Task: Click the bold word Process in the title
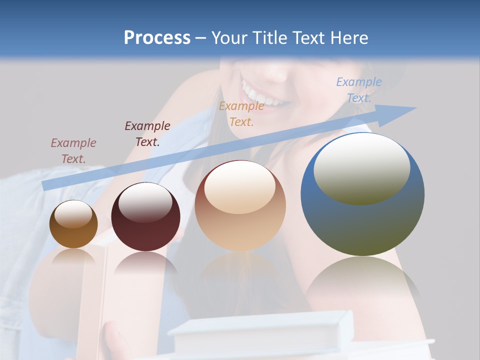(157, 38)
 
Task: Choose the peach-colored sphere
(240, 206)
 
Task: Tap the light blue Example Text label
(359, 90)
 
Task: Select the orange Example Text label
(241, 114)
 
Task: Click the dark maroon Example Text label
(147, 134)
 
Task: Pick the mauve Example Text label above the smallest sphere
(73, 151)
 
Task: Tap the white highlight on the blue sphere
(361, 167)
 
